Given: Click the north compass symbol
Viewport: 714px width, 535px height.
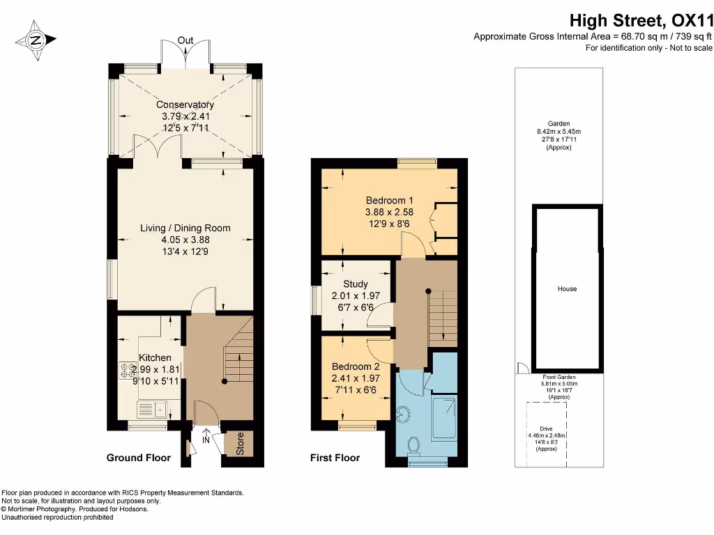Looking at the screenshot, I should (36, 40).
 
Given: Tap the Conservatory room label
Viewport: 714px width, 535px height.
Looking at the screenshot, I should (185, 104).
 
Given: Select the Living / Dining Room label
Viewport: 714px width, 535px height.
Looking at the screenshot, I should (185, 228).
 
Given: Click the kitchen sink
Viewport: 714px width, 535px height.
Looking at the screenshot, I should (152, 409).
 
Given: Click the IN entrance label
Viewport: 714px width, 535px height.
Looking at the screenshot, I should (206, 440).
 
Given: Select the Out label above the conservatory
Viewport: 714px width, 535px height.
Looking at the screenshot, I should (185, 40).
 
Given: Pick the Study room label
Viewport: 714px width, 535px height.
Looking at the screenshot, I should (356, 284).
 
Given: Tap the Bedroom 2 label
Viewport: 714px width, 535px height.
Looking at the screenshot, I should (356, 366).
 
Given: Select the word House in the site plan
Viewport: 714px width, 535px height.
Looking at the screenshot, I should (567, 288).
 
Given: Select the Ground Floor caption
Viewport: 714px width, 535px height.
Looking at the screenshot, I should (138, 458).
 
